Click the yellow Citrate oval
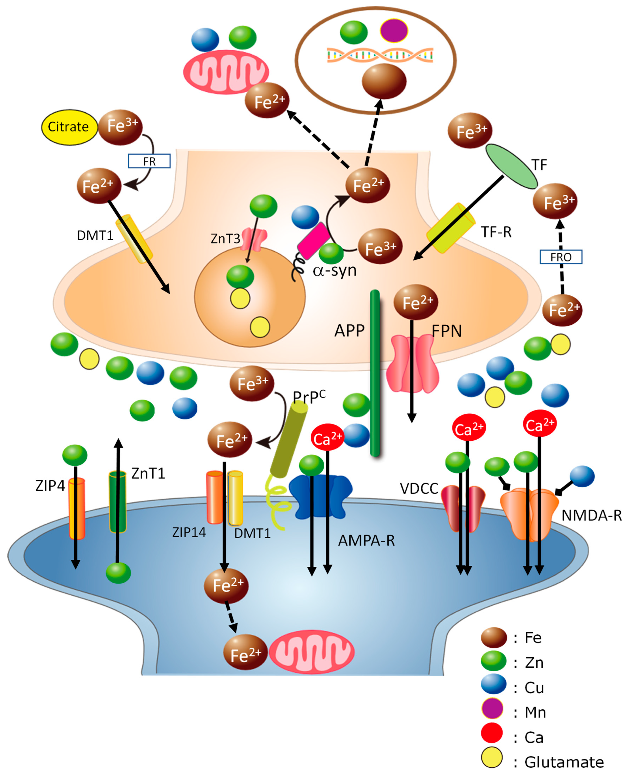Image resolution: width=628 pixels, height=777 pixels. click(69, 127)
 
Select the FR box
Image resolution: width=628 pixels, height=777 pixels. click(149, 161)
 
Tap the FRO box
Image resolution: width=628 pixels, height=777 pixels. click(561, 257)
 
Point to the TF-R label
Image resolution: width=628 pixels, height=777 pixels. click(496, 232)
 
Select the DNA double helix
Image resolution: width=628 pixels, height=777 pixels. click(380, 55)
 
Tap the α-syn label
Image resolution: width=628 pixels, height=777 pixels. click(335, 270)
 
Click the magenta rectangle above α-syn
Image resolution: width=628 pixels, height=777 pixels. click(313, 240)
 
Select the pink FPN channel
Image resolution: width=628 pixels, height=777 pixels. click(412, 364)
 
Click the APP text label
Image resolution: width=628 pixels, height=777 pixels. click(349, 331)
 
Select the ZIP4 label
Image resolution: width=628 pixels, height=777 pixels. click(50, 486)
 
